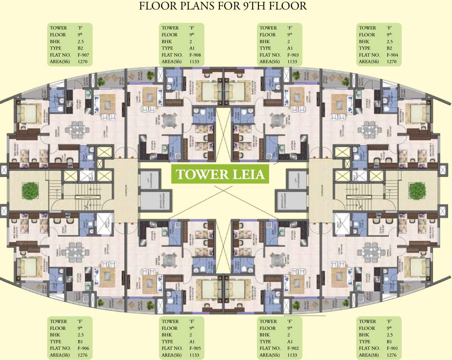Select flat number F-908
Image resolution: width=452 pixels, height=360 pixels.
[195, 55]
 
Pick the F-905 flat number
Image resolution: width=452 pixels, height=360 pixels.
[195, 348]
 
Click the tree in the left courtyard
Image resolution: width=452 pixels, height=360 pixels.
[30, 190]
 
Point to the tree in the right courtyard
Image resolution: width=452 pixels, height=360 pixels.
[416, 190]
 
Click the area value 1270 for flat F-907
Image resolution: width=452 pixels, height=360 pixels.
[83, 61]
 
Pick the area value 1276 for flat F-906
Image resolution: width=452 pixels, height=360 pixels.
[83, 355]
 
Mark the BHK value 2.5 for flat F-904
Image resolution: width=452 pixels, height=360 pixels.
[389, 41]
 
